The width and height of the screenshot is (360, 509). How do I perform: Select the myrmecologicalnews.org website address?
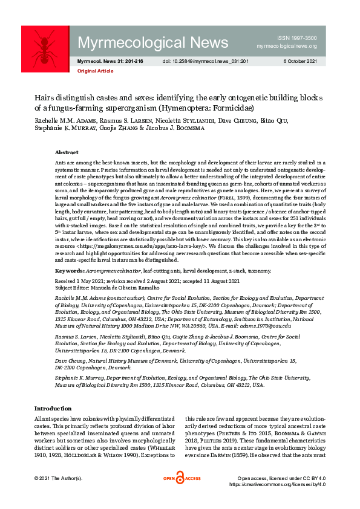click(x=287, y=46)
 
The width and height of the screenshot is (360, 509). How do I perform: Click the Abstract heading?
click(x=66, y=152)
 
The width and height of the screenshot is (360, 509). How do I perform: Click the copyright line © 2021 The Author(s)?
click(x=59, y=478)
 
